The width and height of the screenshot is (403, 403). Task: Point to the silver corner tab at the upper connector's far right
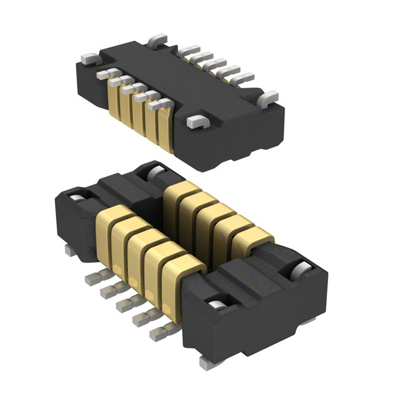point(268,98)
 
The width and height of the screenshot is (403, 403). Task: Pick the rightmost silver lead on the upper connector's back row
point(243,79)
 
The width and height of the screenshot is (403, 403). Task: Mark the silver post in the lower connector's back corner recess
point(154,172)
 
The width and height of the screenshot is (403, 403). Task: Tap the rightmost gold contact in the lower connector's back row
point(252,239)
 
